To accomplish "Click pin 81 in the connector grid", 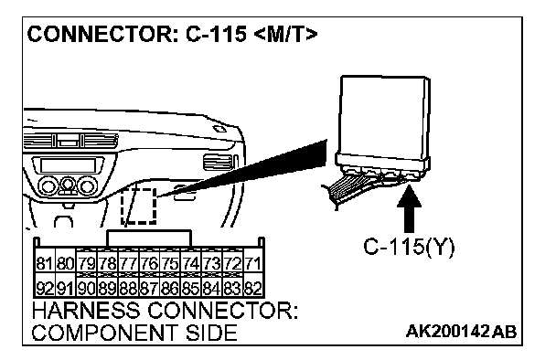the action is pyautogui.click(x=45, y=264).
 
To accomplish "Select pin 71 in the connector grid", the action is pyautogui.click(x=253, y=264).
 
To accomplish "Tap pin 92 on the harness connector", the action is pyautogui.click(x=45, y=288).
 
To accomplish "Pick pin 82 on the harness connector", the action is pyautogui.click(x=253, y=288).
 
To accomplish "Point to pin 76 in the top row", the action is pyautogui.click(x=149, y=264).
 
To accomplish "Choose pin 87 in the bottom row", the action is pyautogui.click(x=149, y=288).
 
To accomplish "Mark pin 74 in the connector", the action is pyautogui.click(x=191, y=264).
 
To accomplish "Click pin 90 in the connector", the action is pyautogui.click(x=87, y=288).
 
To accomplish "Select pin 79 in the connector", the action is pyautogui.click(x=87, y=264).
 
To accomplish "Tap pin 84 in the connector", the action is pyautogui.click(x=211, y=288).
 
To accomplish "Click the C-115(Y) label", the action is pyautogui.click(x=409, y=247).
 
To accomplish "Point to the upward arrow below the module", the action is pyautogui.click(x=409, y=208).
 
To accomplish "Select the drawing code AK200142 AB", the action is pyautogui.click(x=461, y=332).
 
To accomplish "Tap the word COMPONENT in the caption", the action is pyautogui.click(x=103, y=334).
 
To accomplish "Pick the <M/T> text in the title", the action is pyautogui.click(x=286, y=35).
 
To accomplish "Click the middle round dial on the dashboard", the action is pyautogui.click(x=68, y=185).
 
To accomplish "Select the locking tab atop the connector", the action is pyautogui.click(x=149, y=238).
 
